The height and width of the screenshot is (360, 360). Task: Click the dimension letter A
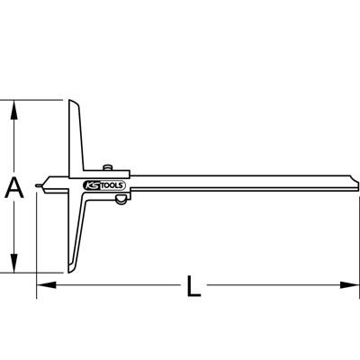[x=13, y=187]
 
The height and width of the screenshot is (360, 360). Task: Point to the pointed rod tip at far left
[x=39, y=188]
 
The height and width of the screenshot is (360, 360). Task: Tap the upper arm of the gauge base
[x=74, y=135]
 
